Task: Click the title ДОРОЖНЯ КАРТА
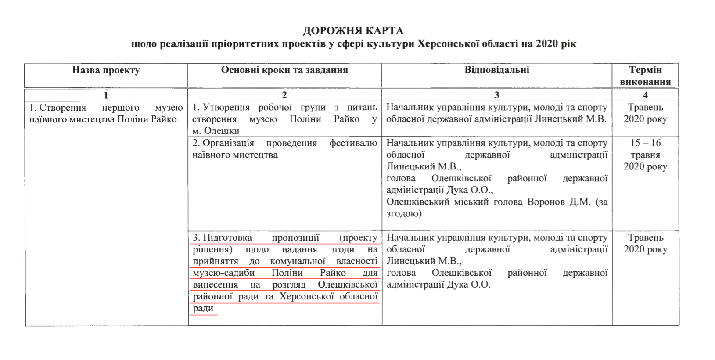pyautogui.click(x=353, y=31)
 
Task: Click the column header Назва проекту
pyautogui.click(x=106, y=70)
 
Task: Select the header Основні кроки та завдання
pyautogui.click(x=284, y=70)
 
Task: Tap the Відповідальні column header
pyautogui.click(x=497, y=70)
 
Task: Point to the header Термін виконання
pyautogui.click(x=645, y=75)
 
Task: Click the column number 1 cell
pyautogui.click(x=106, y=95)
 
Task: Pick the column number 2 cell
pyautogui.click(x=284, y=95)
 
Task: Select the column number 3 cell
pyautogui.click(x=497, y=95)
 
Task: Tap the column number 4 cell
pyautogui.click(x=645, y=95)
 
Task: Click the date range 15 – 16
pyautogui.click(x=645, y=143)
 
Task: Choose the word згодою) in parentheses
pyautogui.click(x=404, y=214)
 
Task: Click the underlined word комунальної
pyautogui.click(x=298, y=261)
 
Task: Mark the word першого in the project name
pyautogui.click(x=121, y=108)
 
